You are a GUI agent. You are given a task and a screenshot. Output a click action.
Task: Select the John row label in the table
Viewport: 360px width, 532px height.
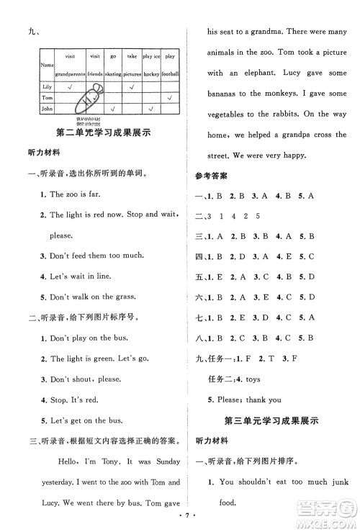pyautogui.click(x=49, y=109)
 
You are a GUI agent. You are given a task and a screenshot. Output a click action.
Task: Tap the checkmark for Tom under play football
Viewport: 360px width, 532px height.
pyautogui.click(x=169, y=97)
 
